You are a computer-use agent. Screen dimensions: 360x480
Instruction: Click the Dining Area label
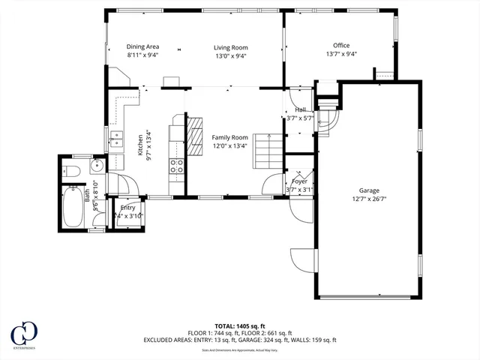(x=142, y=46)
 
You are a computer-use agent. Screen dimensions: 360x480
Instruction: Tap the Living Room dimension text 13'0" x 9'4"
(x=231, y=55)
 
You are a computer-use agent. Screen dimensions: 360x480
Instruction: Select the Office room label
(x=341, y=46)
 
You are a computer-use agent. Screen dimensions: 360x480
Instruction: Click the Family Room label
(x=229, y=137)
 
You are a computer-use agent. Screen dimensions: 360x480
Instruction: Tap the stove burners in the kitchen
(x=177, y=166)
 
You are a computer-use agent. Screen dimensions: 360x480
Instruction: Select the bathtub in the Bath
(x=73, y=207)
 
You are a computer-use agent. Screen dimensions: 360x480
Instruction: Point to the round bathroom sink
(x=97, y=166)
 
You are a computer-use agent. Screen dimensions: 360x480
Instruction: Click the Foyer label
(x=300, y=181)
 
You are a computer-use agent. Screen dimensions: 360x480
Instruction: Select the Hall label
(x=300, y=110)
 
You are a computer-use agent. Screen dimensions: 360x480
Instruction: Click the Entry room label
(x=127, y=208)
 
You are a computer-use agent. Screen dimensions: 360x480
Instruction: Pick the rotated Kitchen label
(x=139, y=143)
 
